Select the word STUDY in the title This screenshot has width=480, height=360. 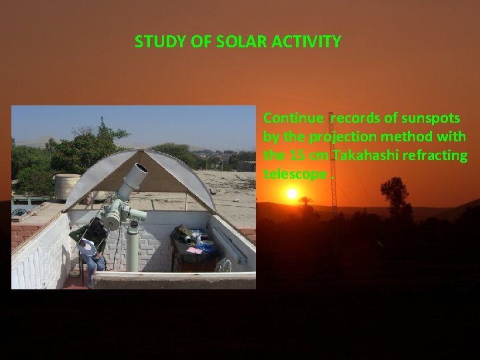pyautogui.click(x=155, y=42)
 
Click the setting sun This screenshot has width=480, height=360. pyautogui.click(x=291, y=193)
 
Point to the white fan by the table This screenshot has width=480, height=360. pyautogui.click(x=223, y=266)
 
